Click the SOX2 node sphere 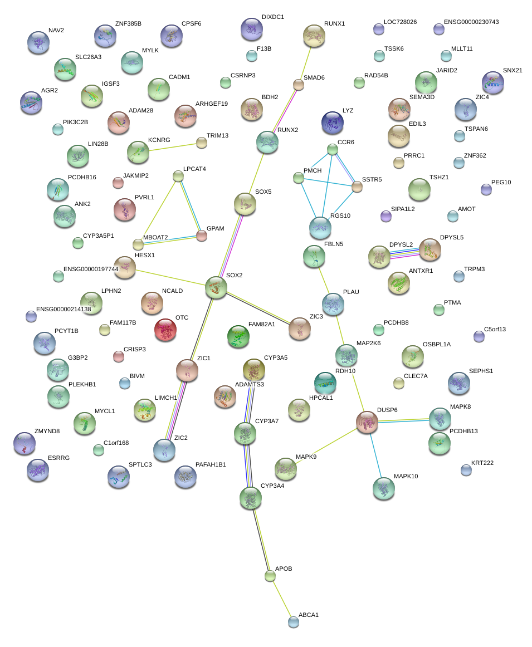click(216, 287)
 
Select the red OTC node click(165, 330)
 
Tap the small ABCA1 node click(294, 622)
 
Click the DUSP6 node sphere click(367, 421)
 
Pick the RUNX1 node click(314, 35)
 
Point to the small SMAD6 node click(299, 85)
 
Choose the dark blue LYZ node click(333, 122)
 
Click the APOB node click(270, 576)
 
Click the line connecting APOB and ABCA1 click(282, 599)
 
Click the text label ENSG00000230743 click(471, 22)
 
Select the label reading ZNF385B click(128, 24)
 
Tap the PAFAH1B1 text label click(211, 464)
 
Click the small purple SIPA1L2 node click(385, 215)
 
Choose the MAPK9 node click(285, 468)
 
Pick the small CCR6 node click(333, 149)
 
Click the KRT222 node click(466, 470)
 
